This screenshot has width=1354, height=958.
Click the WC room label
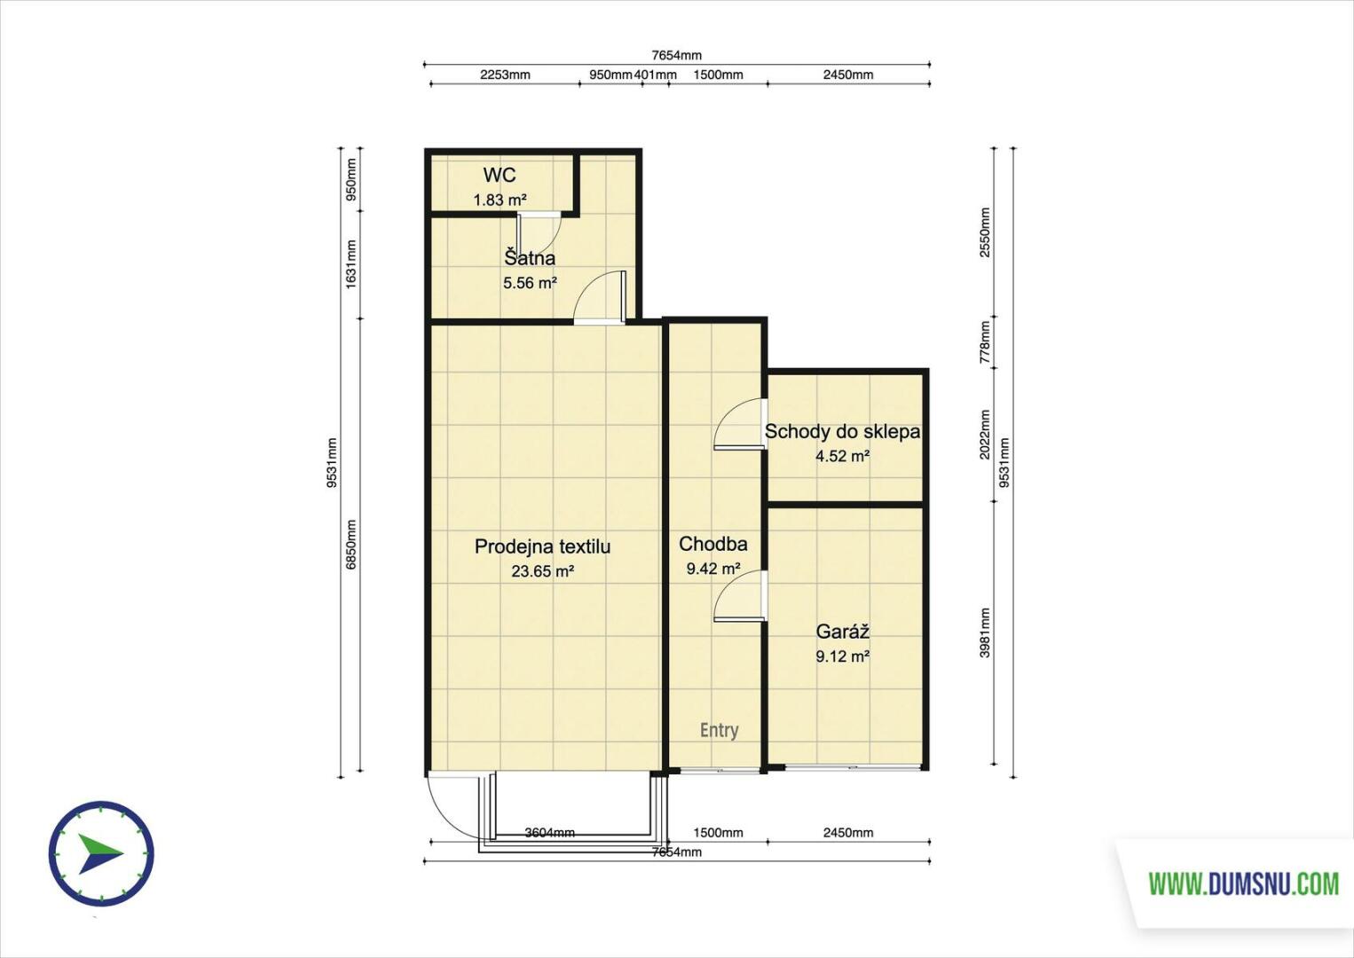(x=500, y=176)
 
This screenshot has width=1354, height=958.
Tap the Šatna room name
(x=530, y=258)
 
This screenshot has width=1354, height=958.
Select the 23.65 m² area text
(x=542, y=570)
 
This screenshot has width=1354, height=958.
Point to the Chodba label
(x=712, y=544)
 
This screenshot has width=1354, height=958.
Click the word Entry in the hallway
(x=719, y=730)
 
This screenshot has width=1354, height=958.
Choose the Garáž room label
(x=843, y=632)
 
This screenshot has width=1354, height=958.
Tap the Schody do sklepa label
(x=842, y=432)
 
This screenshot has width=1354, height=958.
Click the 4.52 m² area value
(x=843, y=456)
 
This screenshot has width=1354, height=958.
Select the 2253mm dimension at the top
(x=505, y=75)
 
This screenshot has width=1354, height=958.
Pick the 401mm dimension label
(x=655, y=75)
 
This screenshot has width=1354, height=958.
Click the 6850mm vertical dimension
(x=351, y=544)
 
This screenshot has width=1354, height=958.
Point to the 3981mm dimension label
(x=985, y=632)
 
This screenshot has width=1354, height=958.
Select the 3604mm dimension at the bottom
(x=549, y=832)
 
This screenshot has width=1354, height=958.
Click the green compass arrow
(x=100, y=853)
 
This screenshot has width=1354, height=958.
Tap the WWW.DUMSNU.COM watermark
(x=1243, y=884)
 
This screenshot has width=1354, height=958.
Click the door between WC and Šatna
(x=539, y=232)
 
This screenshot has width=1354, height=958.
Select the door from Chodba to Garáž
(x=740, y=596)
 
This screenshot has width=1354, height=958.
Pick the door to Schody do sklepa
(x=740, y=423)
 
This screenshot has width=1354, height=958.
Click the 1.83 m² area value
(x=500, y=200)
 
